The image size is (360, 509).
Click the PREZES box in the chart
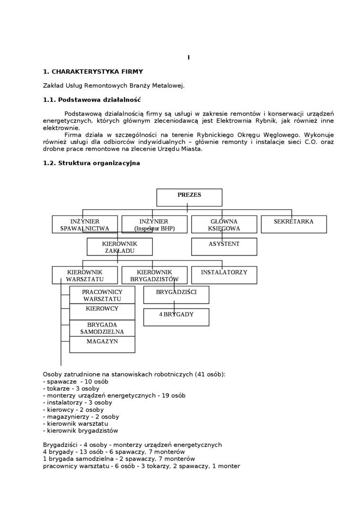189,197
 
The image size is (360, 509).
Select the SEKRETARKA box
294,224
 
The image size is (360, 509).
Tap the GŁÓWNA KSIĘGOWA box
224,224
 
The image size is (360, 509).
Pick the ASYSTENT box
224,246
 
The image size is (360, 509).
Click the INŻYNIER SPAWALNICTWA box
85,224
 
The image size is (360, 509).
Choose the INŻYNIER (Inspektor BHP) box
154,224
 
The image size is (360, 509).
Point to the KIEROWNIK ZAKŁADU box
119,247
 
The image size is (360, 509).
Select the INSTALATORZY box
224,275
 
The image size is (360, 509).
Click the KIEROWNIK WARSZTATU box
85,275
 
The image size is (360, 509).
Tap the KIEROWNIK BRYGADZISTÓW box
154,275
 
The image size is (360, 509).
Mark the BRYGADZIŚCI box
176,295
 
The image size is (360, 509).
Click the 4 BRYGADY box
176,317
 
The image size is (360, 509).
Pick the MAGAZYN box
102,344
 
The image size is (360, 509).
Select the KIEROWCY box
102,311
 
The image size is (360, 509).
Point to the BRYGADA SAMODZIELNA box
102,328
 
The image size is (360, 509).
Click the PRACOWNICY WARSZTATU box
102,295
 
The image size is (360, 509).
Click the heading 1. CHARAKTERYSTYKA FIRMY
93,72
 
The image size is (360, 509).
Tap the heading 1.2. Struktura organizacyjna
91,163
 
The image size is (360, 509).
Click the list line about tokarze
71,389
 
